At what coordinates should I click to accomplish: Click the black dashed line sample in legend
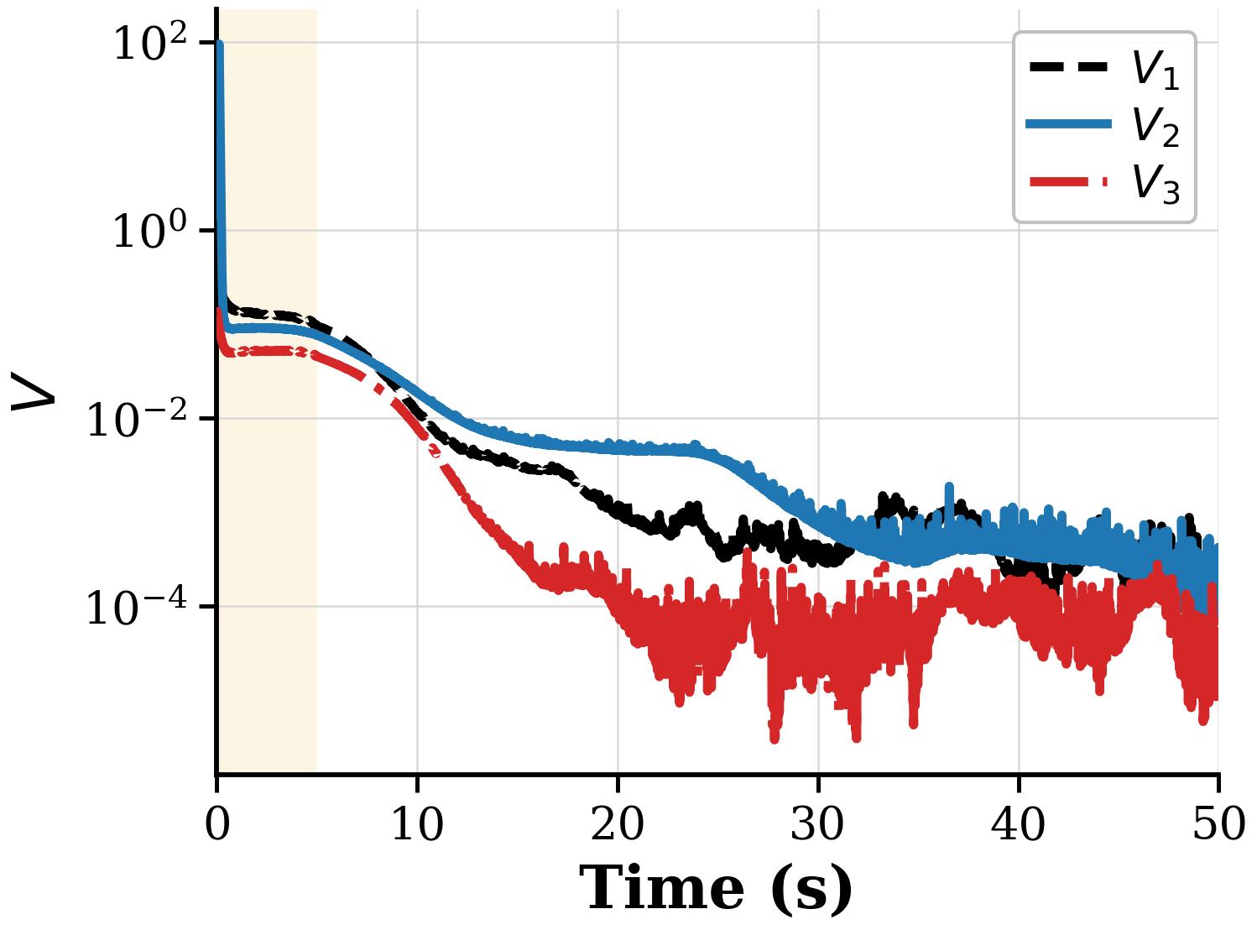pos(1068,67)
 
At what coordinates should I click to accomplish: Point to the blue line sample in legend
pos(1068,123)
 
